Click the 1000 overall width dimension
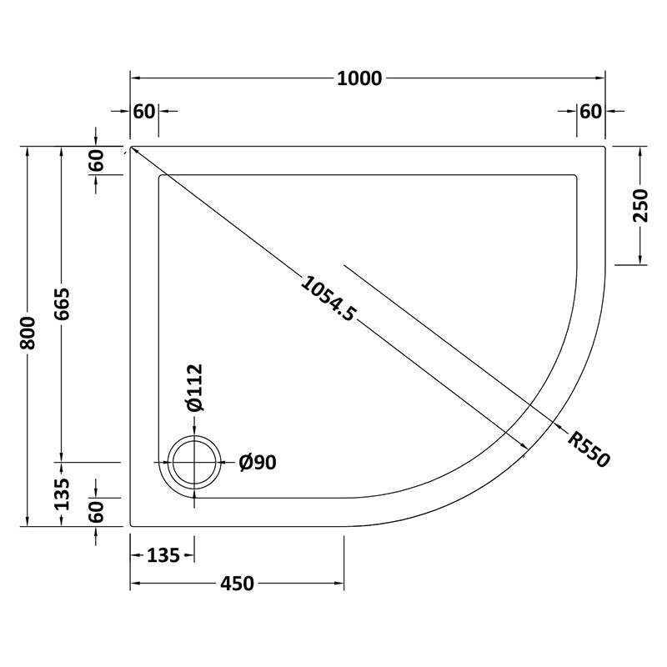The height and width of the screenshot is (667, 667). (359, 78)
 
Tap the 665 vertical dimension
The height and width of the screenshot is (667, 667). (62, 303)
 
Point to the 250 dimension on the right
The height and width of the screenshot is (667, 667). (640, 205)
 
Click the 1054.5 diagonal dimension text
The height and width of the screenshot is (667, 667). (328, 298)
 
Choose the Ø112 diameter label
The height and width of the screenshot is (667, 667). (195, 388)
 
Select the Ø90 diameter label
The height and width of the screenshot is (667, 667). (258, 463)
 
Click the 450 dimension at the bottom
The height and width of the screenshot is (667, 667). (237, 584)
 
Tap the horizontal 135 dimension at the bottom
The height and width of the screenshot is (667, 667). (163, 555)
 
